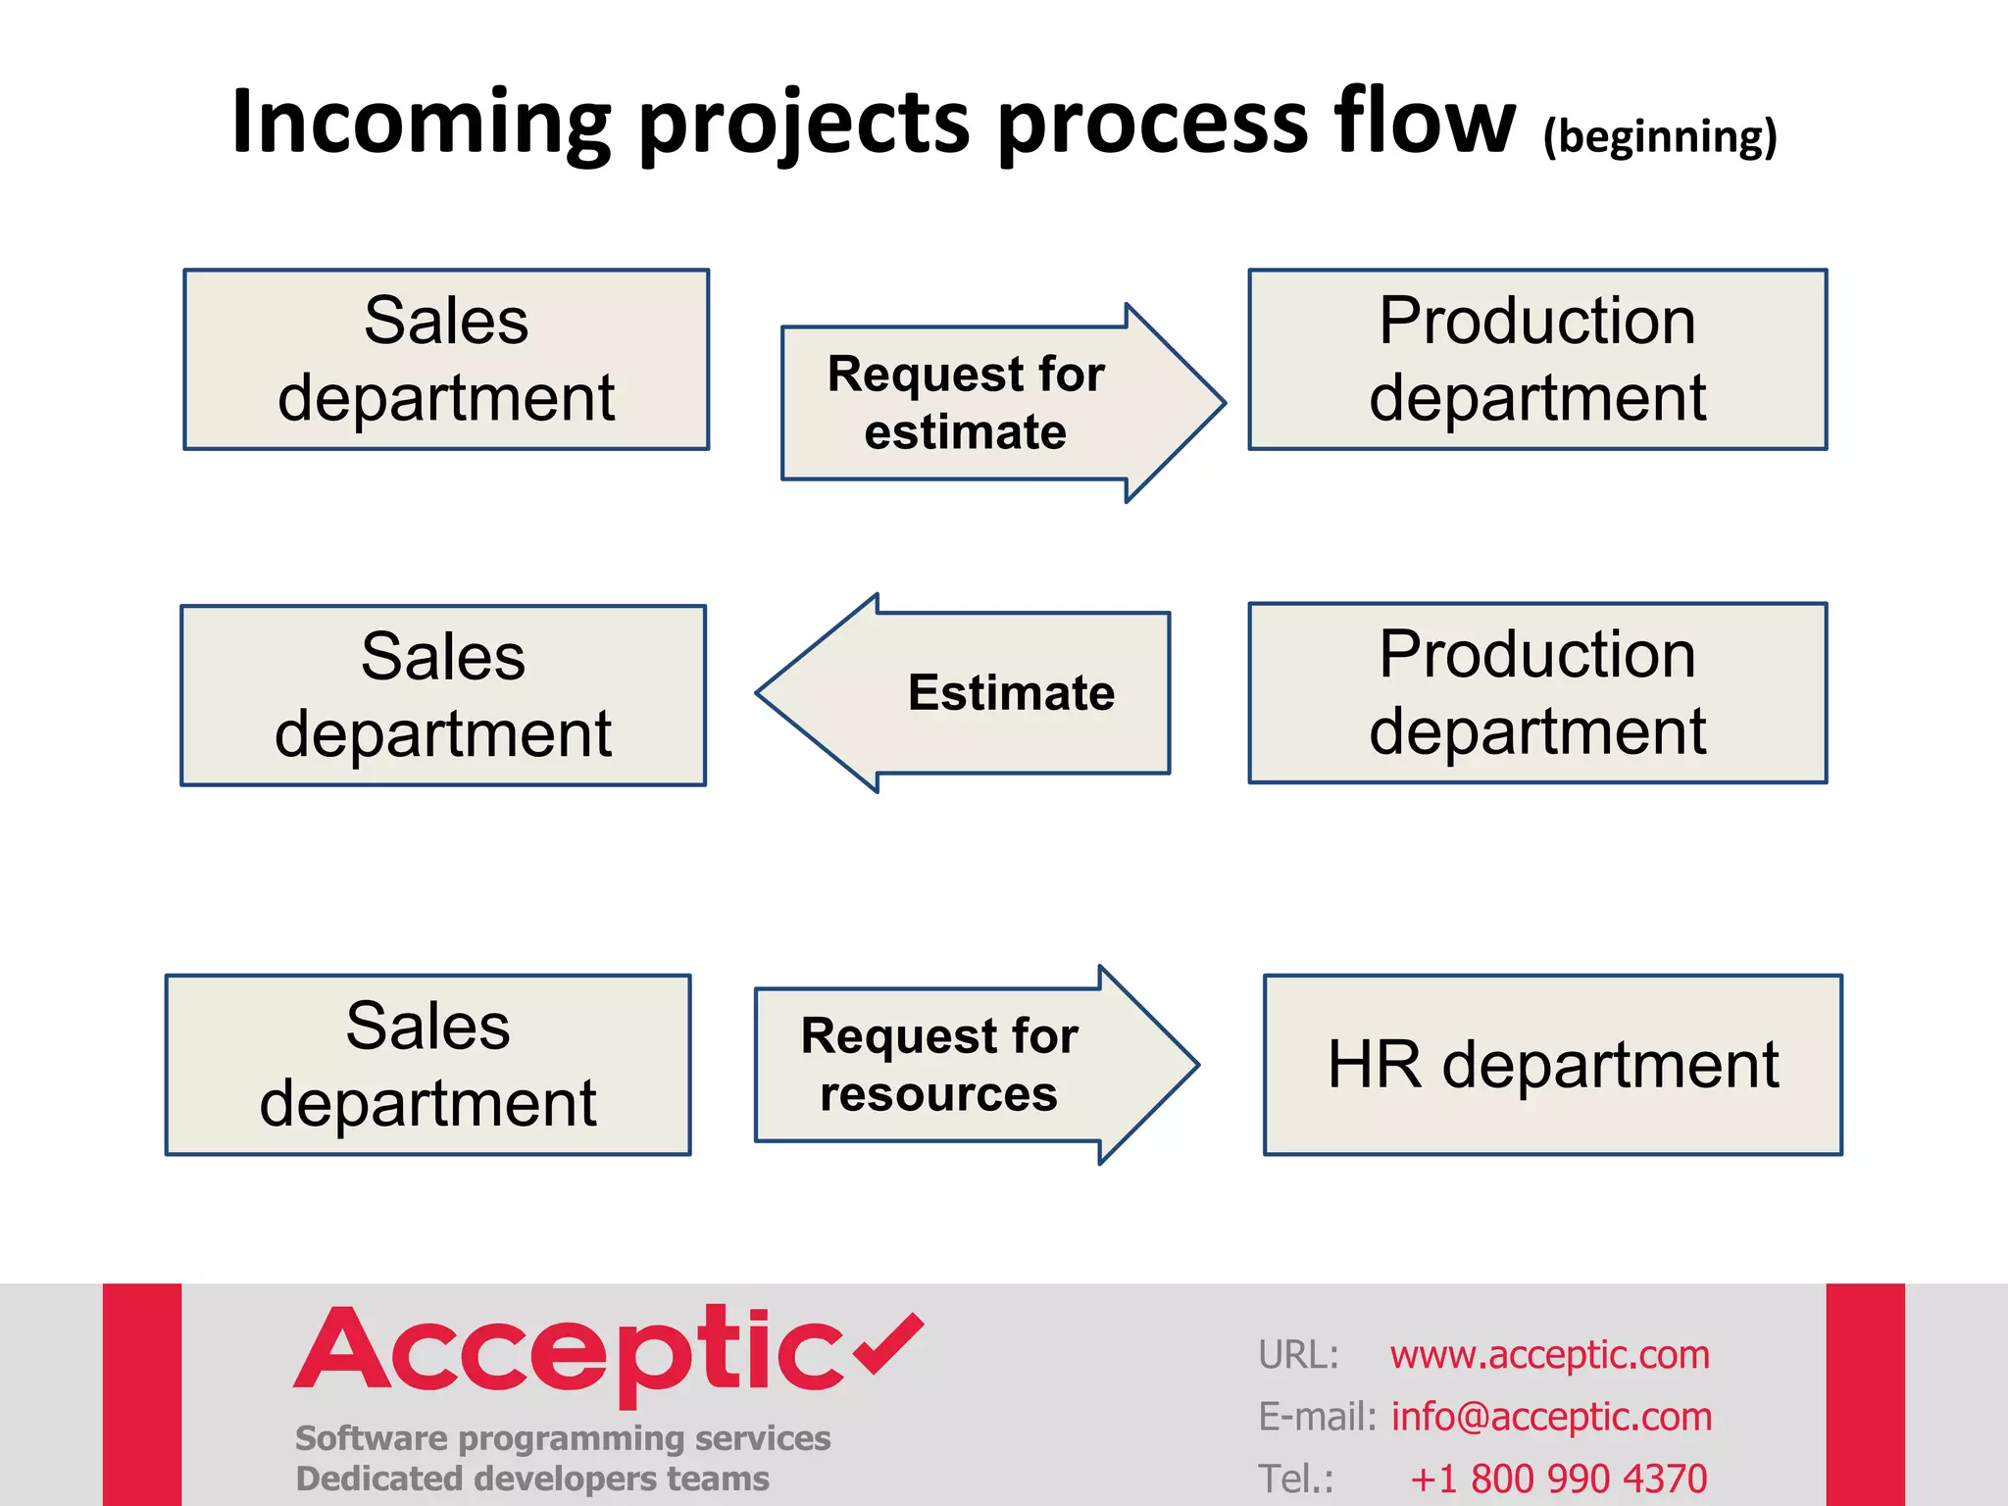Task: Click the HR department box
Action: click(x=1552, y=1065)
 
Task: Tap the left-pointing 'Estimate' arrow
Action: click(x=980, y=693)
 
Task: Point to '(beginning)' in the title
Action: click(x=1659, y=136)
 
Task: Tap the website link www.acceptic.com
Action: click(x=1549, y=1355)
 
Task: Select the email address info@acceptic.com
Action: click(x=1551, y=1417)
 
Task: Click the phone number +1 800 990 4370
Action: click(x=1558, y=1478)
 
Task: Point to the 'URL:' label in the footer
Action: click(x=1298, y=1355)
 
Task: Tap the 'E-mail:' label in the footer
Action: click(x=1317, y=1417)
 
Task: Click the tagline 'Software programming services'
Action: click(x=563, y=1438)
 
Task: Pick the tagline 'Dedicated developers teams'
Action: click(x=532, y=1479)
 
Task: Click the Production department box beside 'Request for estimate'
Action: click(x=1536, y=360)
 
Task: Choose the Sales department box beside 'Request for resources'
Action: click(x=427, y=1065)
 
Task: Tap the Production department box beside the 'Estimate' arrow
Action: click(x=1536, y=693)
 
